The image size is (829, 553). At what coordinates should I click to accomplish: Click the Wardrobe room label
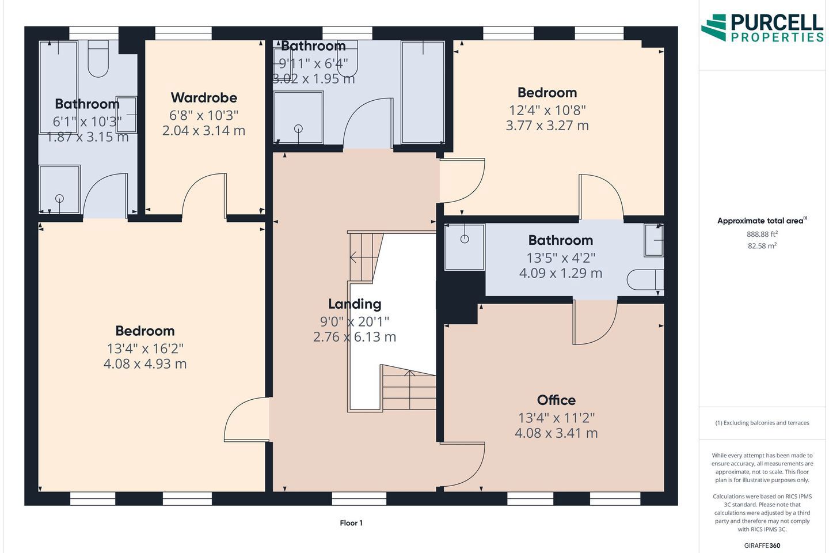click(x=204, y=98)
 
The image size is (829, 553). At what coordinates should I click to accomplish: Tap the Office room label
click(x=556, y=400)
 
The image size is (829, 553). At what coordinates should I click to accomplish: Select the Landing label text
click(x=355, y=304)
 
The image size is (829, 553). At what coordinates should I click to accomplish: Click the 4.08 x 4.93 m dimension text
click(x=145, y=363)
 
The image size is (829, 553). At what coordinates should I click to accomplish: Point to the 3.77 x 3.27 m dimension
click(x=547, y=126)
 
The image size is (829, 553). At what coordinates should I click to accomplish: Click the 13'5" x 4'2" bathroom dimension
click(x=561, y=258)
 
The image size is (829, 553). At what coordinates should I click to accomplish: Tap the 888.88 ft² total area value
click(x=762, y=234)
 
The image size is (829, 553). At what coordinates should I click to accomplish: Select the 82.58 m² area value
click(x=762, y=245)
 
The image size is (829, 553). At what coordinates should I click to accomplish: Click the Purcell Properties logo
click(x=762, y=28)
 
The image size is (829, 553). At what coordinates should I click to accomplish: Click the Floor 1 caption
click(x=351, y=523)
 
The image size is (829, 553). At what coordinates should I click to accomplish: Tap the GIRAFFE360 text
click(x=762, y=546)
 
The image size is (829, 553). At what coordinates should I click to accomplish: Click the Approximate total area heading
click(x=762, y=221)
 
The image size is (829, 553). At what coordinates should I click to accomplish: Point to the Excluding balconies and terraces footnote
click(x=762, y=423)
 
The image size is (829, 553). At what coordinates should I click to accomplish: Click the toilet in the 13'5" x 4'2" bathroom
click(x=645, y=279)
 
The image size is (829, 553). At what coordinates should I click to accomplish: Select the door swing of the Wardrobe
click(x=204, y=196)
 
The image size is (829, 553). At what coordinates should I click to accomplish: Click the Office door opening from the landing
click(x=463, y=465)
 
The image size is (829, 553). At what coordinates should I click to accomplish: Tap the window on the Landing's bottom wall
click(x=359, y=499)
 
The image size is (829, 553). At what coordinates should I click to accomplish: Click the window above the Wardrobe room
click(x=183, y=33)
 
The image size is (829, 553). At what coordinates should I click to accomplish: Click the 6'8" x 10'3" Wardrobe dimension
click(x=204, y=116)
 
